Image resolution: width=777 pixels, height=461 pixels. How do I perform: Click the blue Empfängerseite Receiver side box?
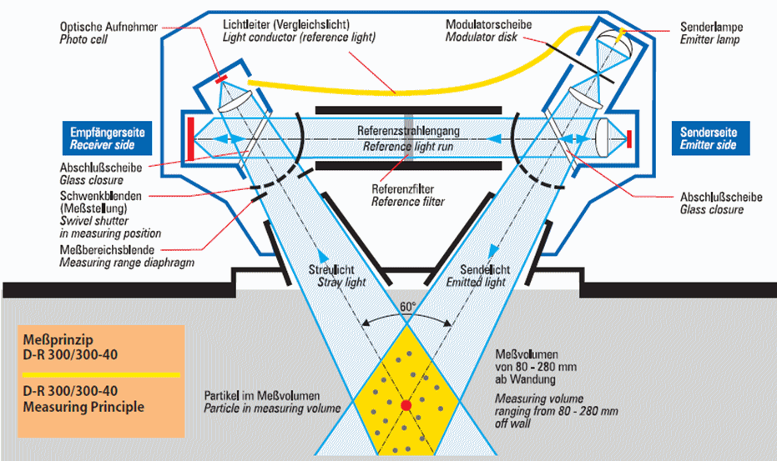click(x=107, y=138)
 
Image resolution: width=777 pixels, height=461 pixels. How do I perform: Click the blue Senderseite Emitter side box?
click(x=710, y=138)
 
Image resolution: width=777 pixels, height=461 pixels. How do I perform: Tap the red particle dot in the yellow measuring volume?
click(x=406, y=405)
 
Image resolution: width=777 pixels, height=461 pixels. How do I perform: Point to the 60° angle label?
click(x=408, y=307)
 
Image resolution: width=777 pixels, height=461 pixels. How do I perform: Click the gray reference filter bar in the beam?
click(x=408, y=138)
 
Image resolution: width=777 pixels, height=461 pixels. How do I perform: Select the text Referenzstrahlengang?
click(x=408, y=131)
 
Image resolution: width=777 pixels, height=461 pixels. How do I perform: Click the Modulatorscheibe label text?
click(x=488, y=24)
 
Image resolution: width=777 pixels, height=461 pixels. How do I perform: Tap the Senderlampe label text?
click(x=712, y=27)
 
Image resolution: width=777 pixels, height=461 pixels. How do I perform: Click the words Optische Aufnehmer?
click(x=108, y=27)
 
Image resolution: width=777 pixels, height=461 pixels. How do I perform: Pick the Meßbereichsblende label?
click(x=107, y=250)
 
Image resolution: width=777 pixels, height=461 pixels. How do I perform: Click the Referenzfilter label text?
click(x=403, y=189)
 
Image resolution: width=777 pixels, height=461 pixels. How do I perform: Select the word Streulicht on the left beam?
click(x=331, y=270)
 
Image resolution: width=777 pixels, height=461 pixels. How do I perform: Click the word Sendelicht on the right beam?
click(x=485, y=270)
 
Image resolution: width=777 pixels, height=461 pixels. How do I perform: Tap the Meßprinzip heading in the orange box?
click(x=58, y=340)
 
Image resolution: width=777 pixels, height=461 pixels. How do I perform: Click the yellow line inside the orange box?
click(x=101, y=375)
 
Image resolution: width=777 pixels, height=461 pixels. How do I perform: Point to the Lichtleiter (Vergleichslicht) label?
click(x=286, y=24)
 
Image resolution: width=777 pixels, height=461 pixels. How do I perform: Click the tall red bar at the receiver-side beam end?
click(x=191, y=138)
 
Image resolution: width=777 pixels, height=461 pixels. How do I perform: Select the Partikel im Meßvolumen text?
click(x=262, y=396)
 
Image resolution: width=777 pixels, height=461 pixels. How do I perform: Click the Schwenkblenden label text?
click(x=101, y=196)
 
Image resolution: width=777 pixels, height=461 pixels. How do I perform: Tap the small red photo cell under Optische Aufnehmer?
click(x=221, y=78)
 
